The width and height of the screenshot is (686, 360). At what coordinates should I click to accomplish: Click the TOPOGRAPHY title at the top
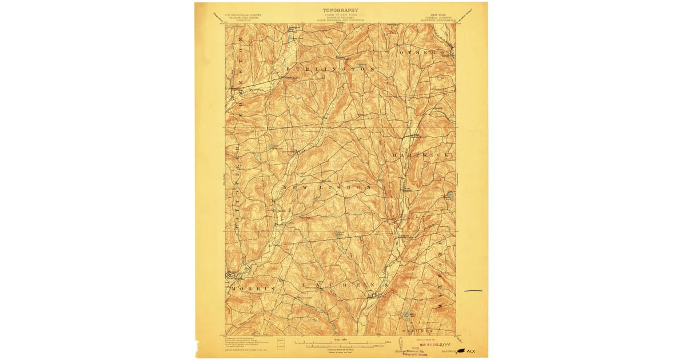[341, 10]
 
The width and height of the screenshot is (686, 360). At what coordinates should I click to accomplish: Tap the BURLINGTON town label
[330, 69]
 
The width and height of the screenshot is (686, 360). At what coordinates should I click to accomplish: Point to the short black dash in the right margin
[473, 291]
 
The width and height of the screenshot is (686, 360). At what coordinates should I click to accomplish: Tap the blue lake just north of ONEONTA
[406, 314]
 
